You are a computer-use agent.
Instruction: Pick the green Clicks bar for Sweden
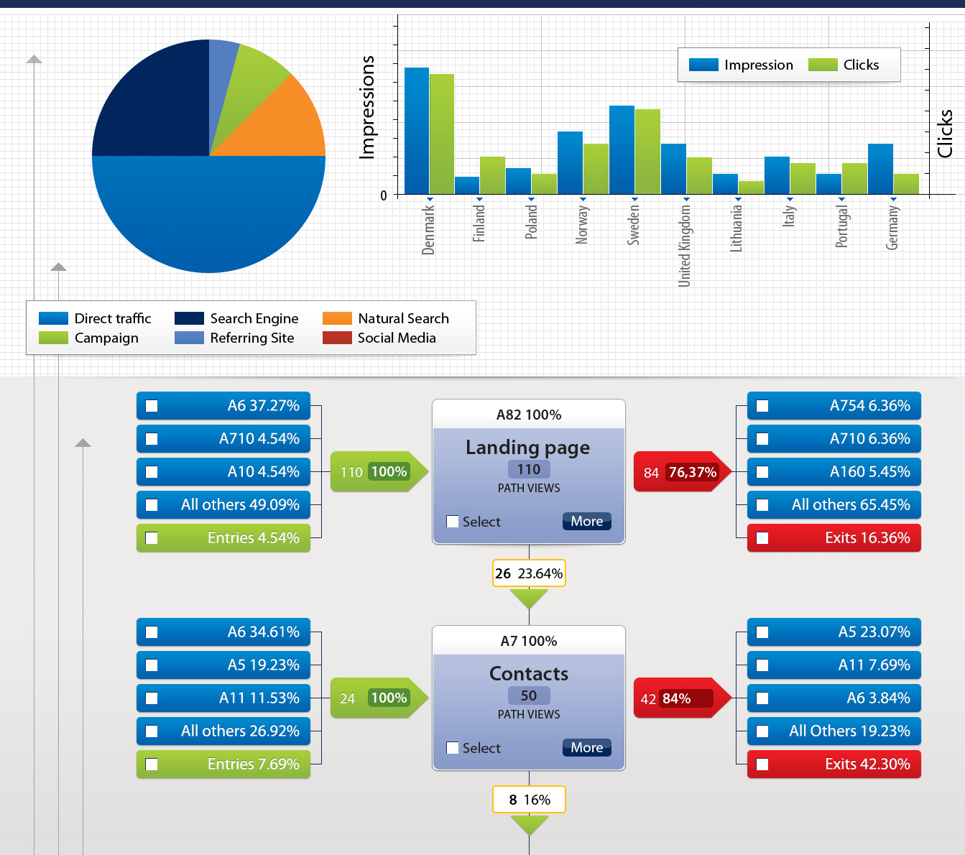pyautogui.click(x=647, y=152)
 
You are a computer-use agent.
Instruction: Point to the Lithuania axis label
pyautogui.click(x=737, y=228)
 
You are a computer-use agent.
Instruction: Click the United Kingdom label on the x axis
pyautogui.click(x=685, y=246)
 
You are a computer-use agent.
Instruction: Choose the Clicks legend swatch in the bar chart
pyautogui.click(x=823, y=65)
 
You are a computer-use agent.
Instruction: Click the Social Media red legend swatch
pyautogui.click(x=337, y=338)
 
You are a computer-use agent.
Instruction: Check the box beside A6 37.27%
pyautogui.click(x=152, y=406)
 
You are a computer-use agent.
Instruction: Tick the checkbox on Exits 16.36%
pyautogui.click(x=762, y=538)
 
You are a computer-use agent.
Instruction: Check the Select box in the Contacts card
pyautogui.click(x=453, y=748)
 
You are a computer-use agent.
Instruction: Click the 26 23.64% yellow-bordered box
pyautogui.click(x=529, y=573)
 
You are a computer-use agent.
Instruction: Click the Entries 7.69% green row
pyautogui.click(x=223, y=764)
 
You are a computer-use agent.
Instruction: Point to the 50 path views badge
pyautogui.click(x=529, y=695)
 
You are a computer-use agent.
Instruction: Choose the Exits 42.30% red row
pyautogui.click(x=834, y=764)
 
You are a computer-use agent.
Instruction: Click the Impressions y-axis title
pyautogui.click(x=367, y=107)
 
